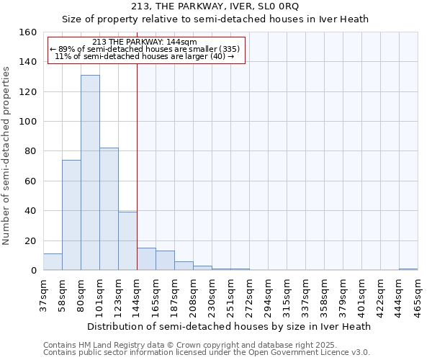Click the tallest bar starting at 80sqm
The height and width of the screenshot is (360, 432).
[90, 173]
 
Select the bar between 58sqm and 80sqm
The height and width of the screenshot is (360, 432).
[71, 215]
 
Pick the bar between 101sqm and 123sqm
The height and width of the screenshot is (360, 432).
[109, 209]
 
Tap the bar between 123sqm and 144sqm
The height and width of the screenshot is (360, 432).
[127, 241]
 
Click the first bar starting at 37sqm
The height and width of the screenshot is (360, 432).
[53, 262]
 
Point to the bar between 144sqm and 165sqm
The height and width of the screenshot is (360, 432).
[146, 259]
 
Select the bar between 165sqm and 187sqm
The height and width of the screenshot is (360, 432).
[165, 261]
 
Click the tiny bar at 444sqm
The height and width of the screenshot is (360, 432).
[408, 269]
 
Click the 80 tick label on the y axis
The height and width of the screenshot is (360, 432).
[30, 151]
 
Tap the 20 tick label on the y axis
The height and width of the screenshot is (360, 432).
[30, 241]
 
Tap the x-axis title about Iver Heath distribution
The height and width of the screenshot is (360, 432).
[230, 326]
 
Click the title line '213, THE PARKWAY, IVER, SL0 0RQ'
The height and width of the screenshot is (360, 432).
[215, 6]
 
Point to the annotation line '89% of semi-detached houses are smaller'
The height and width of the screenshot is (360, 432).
[146, 49]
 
